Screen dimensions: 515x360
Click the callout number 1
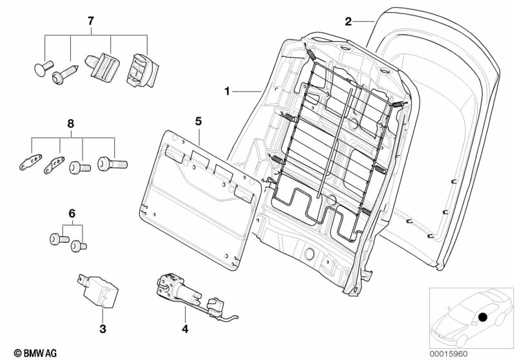tap(227, 91)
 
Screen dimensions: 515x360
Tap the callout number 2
tap(348, 22)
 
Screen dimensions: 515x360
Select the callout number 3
tap(102, 328)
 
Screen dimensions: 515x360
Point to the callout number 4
tap(185, 329)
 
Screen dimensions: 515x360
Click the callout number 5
tap(199, 121)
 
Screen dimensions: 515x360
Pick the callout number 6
tap(72, 214)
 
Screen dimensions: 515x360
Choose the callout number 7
tap(91, 21)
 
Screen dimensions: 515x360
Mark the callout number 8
tap(71, 124)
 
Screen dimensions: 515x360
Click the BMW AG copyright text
tap(35, 353)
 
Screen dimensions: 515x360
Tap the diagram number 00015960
tap(449, 354)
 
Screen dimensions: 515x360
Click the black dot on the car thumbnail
tap(483, 317)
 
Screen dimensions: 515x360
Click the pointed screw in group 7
tap(65, 75)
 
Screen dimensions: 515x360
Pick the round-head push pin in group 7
tap(44, 68)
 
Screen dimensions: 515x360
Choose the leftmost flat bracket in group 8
tap(30, 162)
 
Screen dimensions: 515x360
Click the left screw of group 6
tap(59, 238)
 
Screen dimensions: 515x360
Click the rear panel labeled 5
tap(200, 200)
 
